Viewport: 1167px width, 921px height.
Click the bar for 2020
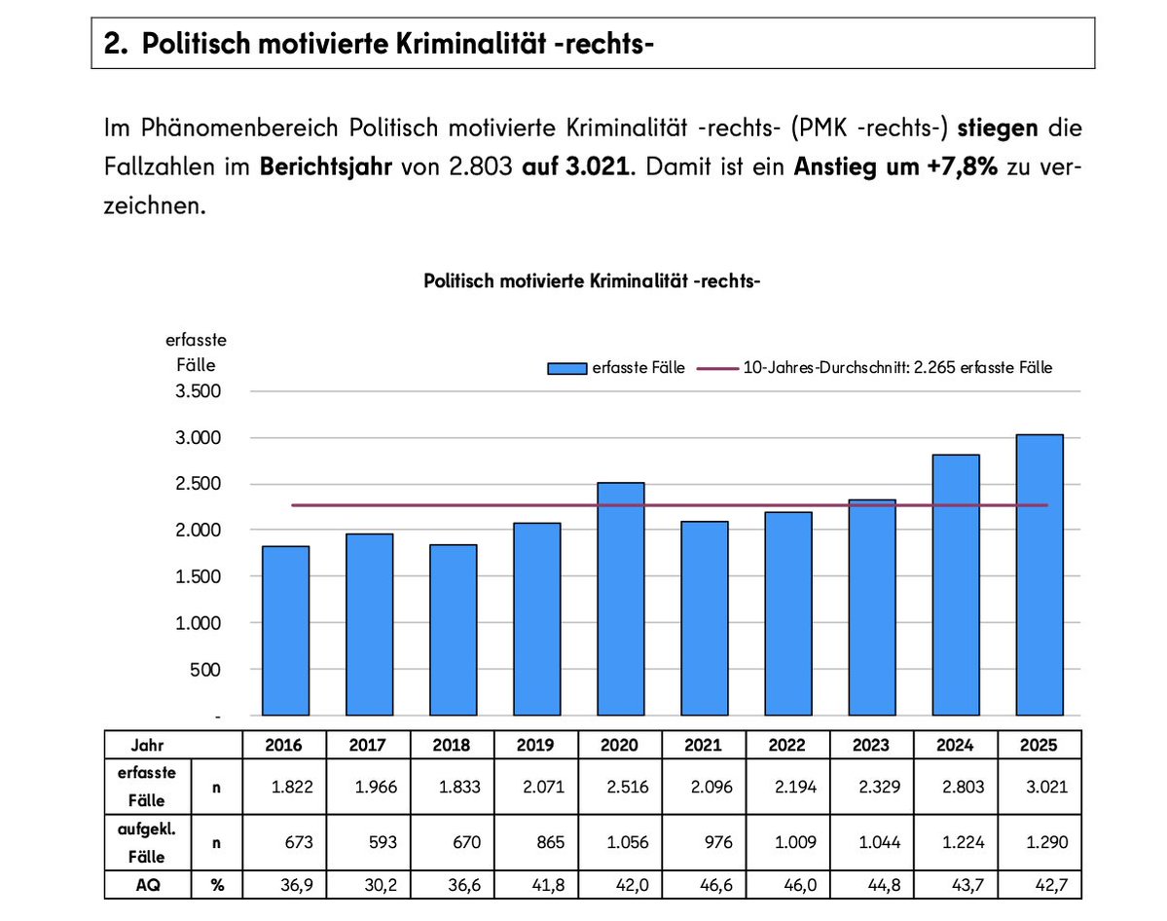pos(620,599)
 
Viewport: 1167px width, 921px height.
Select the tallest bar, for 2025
pos(1039,574)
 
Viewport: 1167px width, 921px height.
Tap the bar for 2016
pos(285,631)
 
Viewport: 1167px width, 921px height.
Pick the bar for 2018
pos(453,630)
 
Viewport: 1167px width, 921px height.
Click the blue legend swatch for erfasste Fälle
pos(567,368)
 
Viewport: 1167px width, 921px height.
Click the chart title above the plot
pos(592,281)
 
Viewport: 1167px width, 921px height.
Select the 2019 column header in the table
pos(535,745)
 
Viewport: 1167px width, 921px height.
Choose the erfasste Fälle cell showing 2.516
pos(619,786)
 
